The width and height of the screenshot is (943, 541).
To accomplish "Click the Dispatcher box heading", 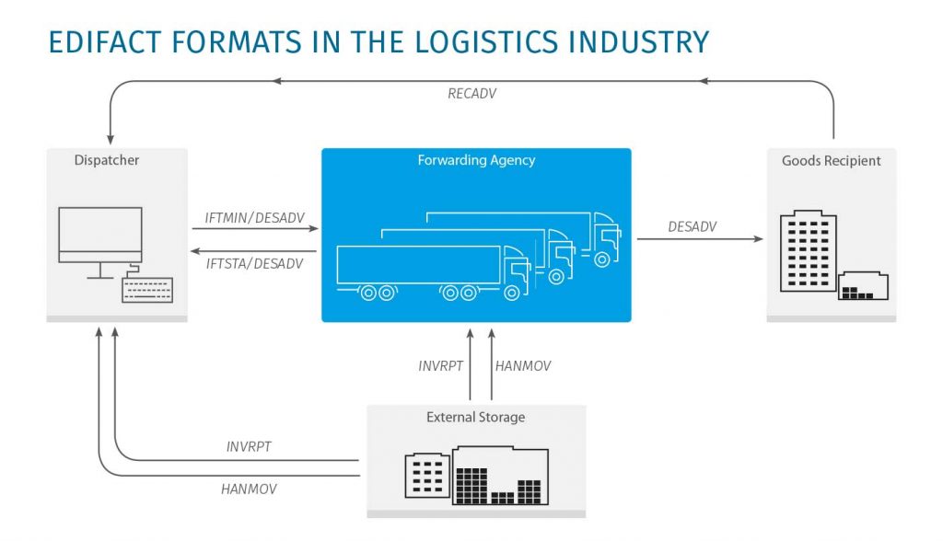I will click(107, 161).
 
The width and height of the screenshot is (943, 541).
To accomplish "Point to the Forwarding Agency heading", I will click(476, 160).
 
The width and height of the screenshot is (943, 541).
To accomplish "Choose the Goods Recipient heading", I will click(831, 161).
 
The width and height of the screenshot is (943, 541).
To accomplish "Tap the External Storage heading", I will click(475, 418).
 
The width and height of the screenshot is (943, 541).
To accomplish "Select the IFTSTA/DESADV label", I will click(254, 264).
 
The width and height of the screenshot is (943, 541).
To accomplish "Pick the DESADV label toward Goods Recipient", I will click(692, 226).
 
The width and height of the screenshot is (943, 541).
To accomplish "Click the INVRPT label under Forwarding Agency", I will click(440, 366).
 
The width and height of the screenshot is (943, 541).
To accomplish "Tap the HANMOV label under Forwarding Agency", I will click(523, 366).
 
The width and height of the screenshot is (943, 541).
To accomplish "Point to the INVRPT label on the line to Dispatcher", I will click(249, 447).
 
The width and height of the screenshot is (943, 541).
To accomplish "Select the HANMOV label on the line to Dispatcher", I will click(249, 489).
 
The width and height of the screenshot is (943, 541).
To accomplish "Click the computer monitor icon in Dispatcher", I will click(99, 236).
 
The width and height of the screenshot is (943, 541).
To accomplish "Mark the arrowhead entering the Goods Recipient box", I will click(759, 239).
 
